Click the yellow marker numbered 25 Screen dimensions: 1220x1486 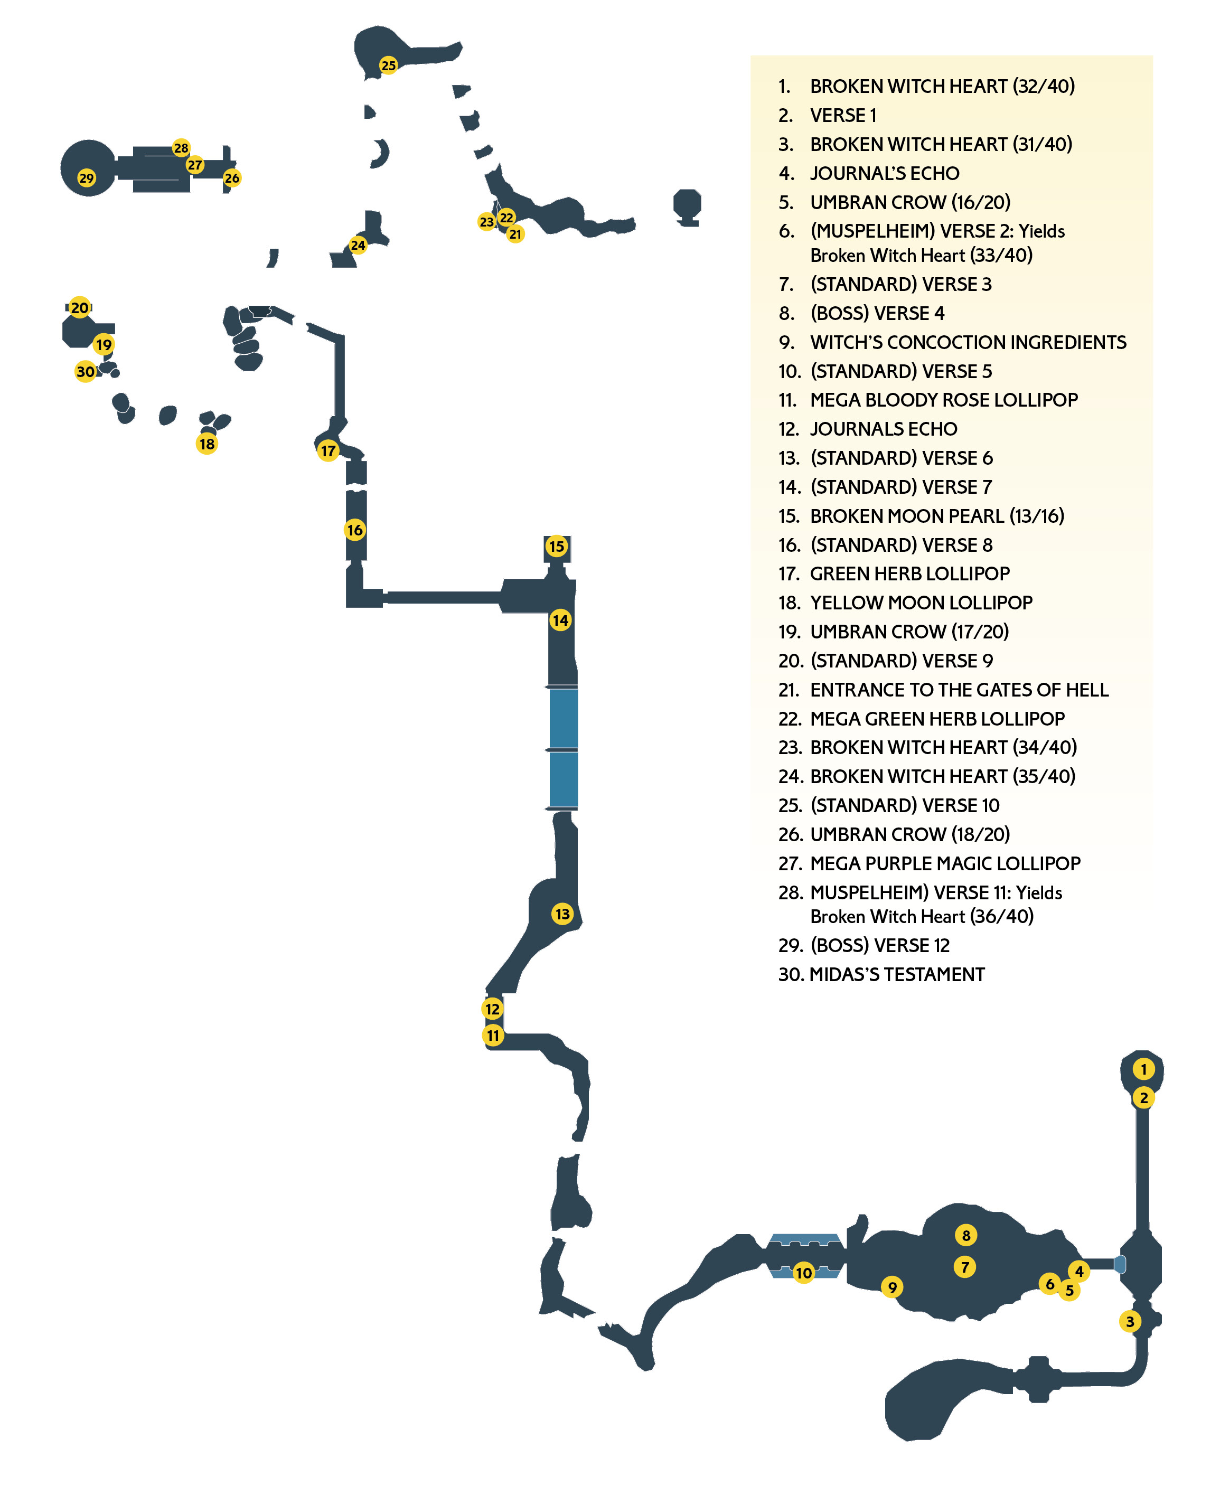[x=388, y=65]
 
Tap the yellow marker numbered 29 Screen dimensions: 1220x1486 [x=87, y=178]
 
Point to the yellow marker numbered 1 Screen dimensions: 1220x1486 [x=1143, y=1069]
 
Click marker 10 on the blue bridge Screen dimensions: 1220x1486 [x=803, y=1273]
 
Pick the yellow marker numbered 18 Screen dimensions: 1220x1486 [x=207, y=444]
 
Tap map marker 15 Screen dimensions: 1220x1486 [x=557, y=546]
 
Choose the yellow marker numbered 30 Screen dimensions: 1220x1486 [x=85, y=371]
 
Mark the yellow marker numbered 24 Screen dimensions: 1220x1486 [x=358, y=245]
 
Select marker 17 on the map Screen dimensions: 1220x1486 [x=328, y=450]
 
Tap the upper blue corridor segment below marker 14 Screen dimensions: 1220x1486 [x=563, y=718]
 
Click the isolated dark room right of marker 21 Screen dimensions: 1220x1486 [x=687, y=206]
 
